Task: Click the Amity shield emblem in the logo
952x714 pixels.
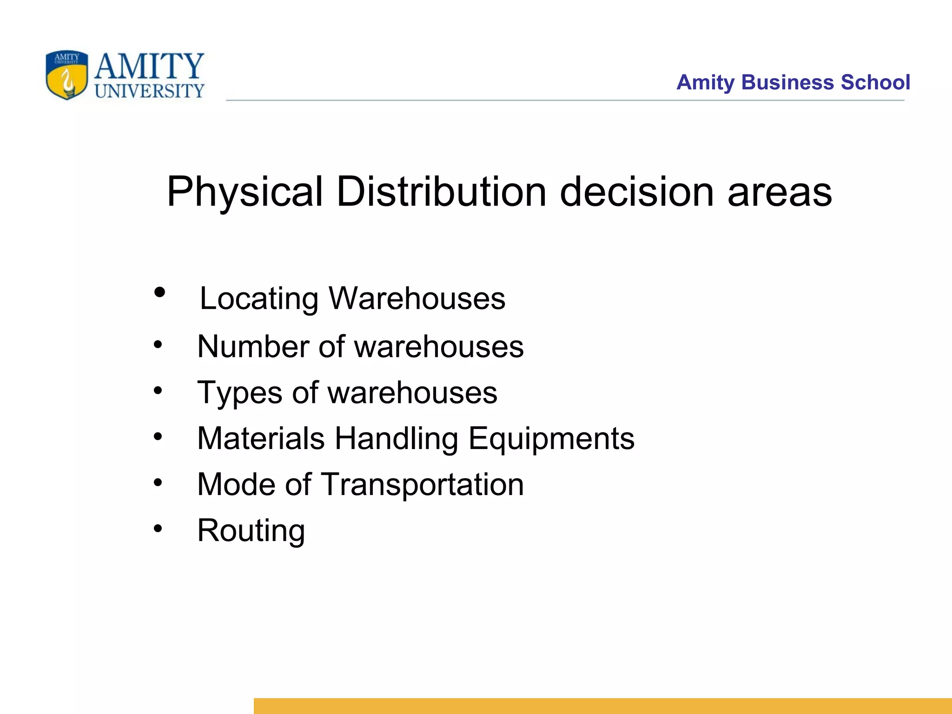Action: [67, 75]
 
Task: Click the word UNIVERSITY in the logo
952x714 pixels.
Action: [149, 91]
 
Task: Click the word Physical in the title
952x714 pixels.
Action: [245, 192]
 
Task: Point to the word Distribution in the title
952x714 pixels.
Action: [441, 192]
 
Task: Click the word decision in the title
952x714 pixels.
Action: [636, 192]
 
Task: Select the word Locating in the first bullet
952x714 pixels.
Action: [259, 299]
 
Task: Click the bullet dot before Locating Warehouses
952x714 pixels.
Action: [159, 293]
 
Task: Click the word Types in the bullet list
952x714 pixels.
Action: [239, 393]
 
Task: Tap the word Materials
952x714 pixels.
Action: [261, 438]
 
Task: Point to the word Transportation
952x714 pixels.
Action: [422, 485]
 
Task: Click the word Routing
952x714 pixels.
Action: [251, 531]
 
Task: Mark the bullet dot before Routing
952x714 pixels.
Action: [159, 529]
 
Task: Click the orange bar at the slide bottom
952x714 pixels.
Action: [602, 706]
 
